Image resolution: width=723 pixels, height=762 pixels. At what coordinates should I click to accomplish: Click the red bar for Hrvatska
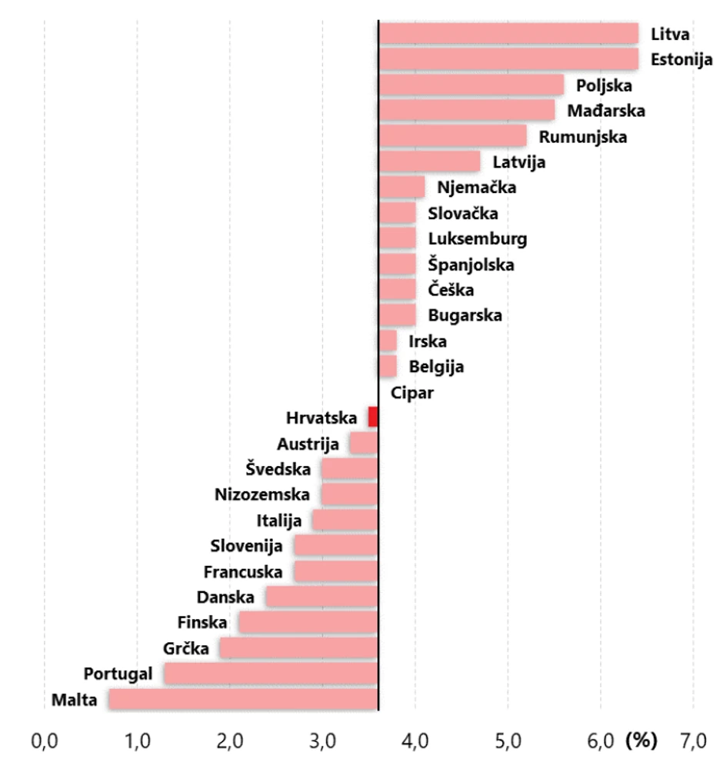click(x=373, y=418)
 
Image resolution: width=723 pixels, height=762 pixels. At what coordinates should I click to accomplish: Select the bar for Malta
click(x=243, y=700)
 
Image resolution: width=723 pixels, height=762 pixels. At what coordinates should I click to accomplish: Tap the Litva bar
click(x=508, y=34)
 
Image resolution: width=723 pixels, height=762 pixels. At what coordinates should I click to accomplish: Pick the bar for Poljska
click(x=471, y=85)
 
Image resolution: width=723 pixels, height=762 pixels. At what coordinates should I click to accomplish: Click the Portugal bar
click(x=271, y=674)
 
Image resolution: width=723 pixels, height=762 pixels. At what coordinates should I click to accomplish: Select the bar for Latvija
click(x=430, y=162)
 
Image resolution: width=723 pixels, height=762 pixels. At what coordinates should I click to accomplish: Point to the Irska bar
click(x=388, y=341)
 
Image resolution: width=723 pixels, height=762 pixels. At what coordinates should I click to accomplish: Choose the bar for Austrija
click(x=364, y=444)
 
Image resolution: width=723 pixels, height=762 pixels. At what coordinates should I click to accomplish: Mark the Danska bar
click(x=322, y=597)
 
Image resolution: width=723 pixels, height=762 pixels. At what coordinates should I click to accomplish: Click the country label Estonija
click(x=681, y=59)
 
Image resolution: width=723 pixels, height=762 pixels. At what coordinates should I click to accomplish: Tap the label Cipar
click(x=412, y=393)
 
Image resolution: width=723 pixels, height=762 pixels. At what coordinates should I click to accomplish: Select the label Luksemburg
click(x=478, y=239)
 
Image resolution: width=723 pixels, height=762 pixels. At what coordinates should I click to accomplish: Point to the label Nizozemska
click(x=262, y=494)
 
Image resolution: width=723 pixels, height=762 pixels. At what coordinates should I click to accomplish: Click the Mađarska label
click(x=606, y=111)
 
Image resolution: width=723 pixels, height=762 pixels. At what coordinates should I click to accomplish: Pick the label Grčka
click(x=185, y=648)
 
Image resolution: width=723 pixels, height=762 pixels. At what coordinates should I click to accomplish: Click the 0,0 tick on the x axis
click(x=45, y=741)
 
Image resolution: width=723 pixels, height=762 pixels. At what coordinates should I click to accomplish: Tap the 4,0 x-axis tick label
click(x=415, y=741)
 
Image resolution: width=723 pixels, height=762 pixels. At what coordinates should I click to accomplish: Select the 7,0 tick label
click(x=693, y=741)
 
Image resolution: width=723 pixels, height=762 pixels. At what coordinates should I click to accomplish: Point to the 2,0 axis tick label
click(x=230, y=741)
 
